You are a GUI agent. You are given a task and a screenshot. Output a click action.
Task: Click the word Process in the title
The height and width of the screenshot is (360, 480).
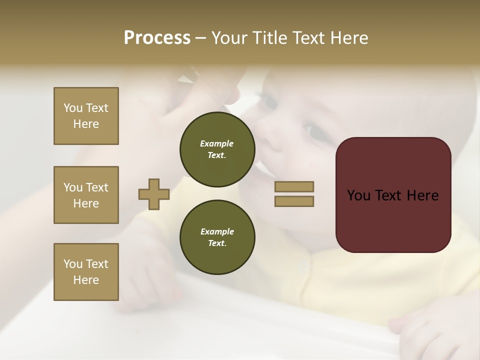(157, 38)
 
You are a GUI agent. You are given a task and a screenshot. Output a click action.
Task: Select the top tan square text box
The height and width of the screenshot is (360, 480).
(86, 116)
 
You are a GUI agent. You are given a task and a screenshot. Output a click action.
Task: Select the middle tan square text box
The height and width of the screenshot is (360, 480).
(86, 195)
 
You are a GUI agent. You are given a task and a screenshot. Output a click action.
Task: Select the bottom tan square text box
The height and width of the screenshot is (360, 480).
(86, 272)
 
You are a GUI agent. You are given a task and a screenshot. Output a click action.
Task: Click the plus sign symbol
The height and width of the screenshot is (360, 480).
(154, 194)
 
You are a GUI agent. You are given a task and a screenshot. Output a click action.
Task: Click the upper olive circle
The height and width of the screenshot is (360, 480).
(217, 149)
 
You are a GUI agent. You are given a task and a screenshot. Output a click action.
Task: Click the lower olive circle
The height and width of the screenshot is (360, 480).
(217, 237)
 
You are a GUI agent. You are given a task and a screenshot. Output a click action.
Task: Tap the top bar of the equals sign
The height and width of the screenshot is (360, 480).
(294, 186)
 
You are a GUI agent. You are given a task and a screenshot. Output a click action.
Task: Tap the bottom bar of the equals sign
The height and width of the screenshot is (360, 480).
(294, 201)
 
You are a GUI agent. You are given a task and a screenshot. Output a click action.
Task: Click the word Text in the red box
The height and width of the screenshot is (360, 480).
(391, 195)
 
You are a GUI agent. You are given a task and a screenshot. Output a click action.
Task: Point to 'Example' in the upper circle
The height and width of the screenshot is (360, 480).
(217, 143)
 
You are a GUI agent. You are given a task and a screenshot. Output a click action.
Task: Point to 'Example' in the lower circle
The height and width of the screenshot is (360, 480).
(217, 231)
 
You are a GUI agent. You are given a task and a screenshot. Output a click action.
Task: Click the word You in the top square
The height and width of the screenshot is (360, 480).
(73, 108)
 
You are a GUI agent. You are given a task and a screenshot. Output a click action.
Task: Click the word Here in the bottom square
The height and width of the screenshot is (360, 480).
(86, 280)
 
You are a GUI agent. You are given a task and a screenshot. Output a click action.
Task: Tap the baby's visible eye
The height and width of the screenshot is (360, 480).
(315, 131)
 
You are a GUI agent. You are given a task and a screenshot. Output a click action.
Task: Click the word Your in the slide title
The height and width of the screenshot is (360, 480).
(229, 38)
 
